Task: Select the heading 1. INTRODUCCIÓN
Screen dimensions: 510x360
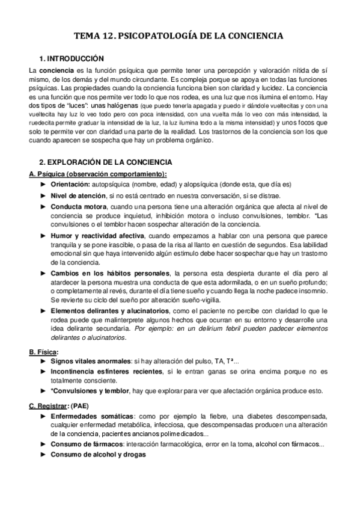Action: coord(71,58)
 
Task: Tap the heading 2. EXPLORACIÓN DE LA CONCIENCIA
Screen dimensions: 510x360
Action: coord(105,162)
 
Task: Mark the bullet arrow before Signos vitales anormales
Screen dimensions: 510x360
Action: coord(43,361)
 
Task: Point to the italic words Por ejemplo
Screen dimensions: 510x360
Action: coord(151,330)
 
